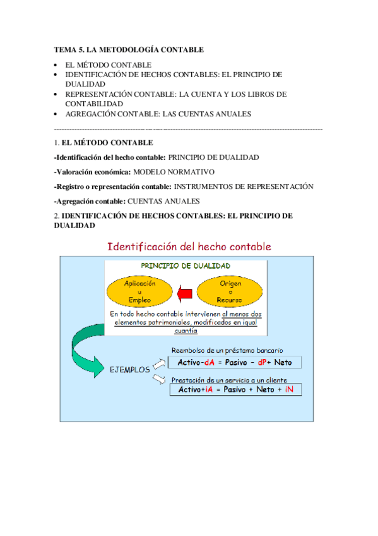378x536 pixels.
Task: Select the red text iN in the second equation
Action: [x=290, y=390]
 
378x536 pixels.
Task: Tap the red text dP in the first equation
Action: [x=264, y=362]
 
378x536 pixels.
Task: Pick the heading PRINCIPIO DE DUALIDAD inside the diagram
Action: [x=185, y=266]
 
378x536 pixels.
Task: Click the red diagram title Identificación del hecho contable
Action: [x=189, y=245]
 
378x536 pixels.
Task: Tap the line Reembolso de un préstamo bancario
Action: [x=227, y=350]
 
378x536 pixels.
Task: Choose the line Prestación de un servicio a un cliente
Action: [x=230, y=380]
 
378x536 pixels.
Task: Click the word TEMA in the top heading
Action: [x=64, y=49]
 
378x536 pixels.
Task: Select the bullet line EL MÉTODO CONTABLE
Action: [x=108, y=64]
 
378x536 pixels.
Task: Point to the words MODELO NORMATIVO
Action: [x=174, y=171]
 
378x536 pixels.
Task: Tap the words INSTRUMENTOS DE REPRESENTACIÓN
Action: [x=244, y=186]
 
